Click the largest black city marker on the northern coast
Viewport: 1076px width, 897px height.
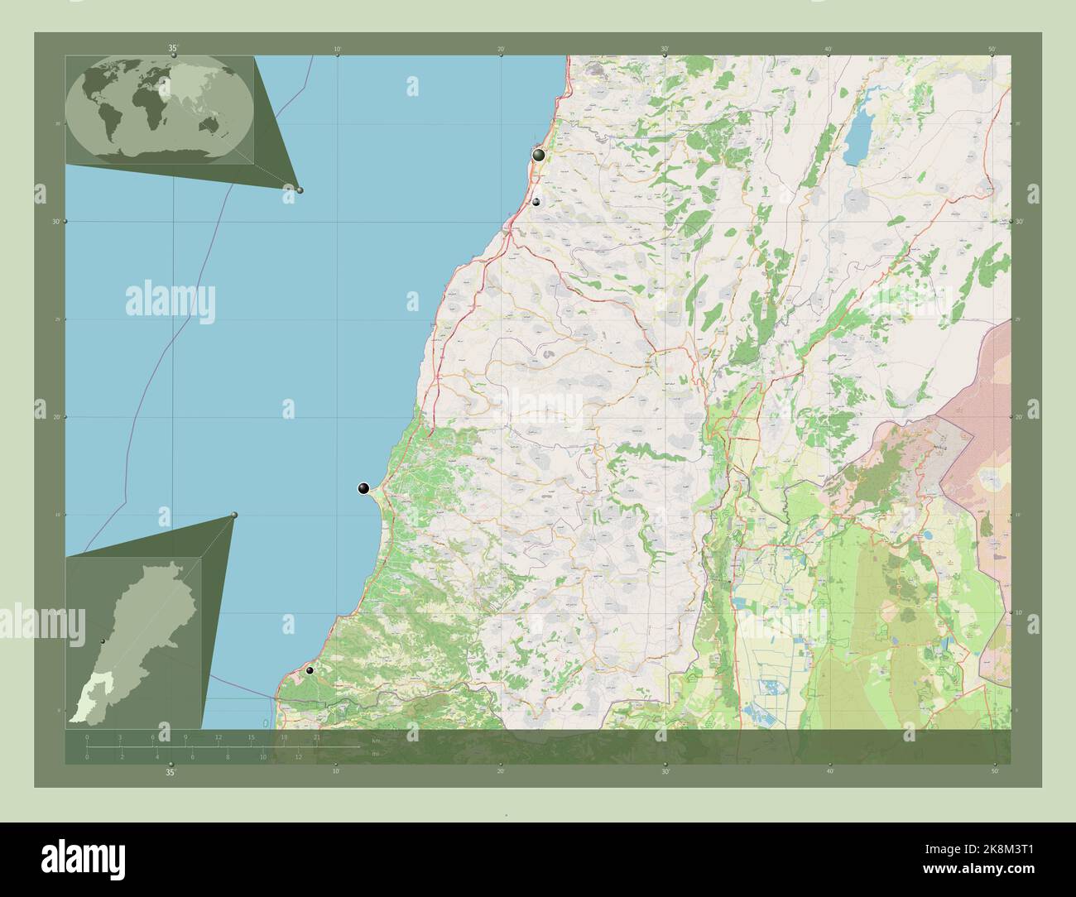point(539,155)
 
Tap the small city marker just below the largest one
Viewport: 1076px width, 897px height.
point(536,202)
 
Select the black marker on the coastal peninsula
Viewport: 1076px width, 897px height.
point(363,489)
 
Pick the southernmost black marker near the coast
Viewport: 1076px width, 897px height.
point(310,670)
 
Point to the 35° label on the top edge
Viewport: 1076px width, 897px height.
point(172,49)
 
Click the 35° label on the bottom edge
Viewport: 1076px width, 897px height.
point(170,773)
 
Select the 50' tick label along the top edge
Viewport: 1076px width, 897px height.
point(992,50)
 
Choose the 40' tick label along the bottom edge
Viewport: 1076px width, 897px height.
point(829,771)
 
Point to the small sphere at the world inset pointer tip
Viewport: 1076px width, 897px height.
point(300,190)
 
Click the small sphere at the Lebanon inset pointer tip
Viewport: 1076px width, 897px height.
point(234,516)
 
